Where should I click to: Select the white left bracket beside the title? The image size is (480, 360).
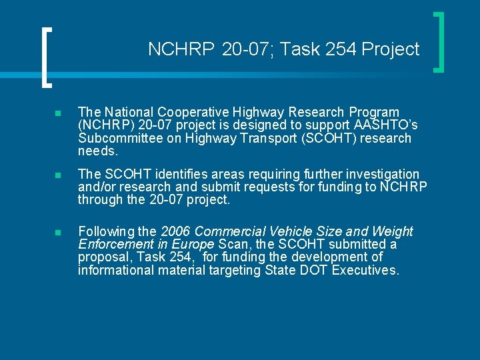click(45, 57)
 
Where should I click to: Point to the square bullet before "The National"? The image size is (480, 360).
click(59, 113)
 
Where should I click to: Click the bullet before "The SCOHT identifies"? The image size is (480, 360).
click(59, 175)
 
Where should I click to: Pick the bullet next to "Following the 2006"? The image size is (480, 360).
click(59, 232)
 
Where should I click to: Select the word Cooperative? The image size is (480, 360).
click(191, 112)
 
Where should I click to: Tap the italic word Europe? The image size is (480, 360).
click(193, 244)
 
